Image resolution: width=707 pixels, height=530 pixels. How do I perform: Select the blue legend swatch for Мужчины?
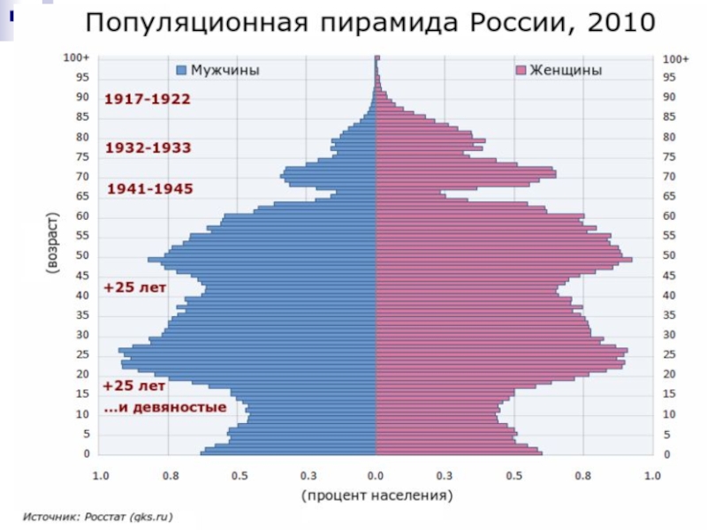coord(182,71)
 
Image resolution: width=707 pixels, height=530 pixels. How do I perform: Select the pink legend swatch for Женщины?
coord(521,71)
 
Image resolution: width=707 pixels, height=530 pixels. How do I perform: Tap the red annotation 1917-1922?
coord(148,99)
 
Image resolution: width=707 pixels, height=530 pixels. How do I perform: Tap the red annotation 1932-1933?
coord(148,148)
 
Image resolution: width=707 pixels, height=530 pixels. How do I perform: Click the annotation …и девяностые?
coord(165,408)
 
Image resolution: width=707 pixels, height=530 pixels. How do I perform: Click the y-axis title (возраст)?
coord(54,247)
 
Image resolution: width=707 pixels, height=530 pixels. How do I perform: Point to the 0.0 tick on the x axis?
coord(376,475)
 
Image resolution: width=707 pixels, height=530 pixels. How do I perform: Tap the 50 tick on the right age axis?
coord(669,255)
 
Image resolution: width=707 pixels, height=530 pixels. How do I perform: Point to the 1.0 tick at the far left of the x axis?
coord(101,475)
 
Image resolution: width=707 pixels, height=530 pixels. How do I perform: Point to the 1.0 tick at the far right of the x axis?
coord(651,475)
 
